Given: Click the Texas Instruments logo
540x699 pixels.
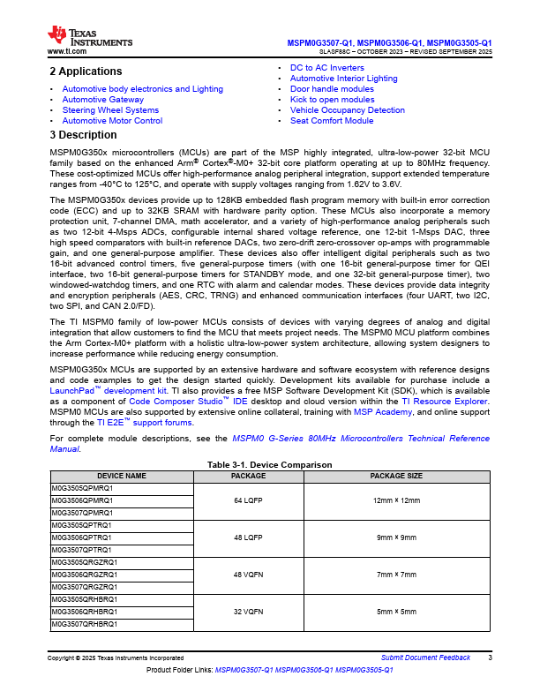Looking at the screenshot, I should (89, 36).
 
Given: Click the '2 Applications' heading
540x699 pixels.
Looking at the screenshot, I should (86, 71).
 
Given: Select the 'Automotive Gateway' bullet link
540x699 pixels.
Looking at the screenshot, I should (102, 100).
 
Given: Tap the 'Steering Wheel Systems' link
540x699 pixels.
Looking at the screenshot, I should (110, 110).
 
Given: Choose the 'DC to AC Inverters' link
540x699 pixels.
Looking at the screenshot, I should (326, 68).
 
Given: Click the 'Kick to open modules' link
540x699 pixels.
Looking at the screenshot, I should (332, 100).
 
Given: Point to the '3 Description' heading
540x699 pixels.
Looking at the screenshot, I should (83, 135).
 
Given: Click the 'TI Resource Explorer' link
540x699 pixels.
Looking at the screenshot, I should (446, 401).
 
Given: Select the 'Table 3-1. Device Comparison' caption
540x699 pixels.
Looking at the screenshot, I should (269, 465).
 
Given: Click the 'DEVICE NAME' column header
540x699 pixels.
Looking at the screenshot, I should (122, 476).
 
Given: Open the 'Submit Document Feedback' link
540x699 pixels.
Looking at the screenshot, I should (425, 658).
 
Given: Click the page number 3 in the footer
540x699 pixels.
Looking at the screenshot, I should (490, 658).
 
